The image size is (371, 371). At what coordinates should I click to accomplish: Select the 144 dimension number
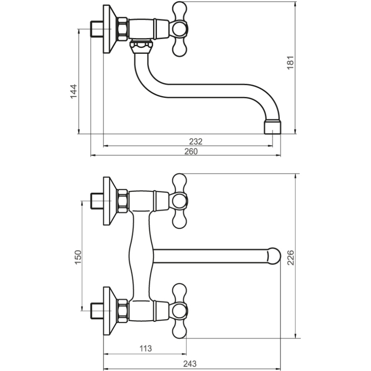pos(73,91)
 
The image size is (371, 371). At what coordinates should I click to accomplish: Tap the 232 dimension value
pos(195,141)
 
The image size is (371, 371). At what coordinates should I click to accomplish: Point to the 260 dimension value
pos(191,152)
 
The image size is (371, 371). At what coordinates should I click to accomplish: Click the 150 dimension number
pos(78,257)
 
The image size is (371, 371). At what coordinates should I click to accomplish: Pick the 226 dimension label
pos(291,258)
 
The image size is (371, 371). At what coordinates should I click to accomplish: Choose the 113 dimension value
pos(146,349)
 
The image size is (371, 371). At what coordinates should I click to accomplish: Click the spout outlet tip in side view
pos(273,127)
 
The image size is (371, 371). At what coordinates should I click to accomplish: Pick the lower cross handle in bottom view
pos(180,309)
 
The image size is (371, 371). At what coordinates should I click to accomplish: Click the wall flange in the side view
pos(110,29)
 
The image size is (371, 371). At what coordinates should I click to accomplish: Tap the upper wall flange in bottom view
pos(110,200)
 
